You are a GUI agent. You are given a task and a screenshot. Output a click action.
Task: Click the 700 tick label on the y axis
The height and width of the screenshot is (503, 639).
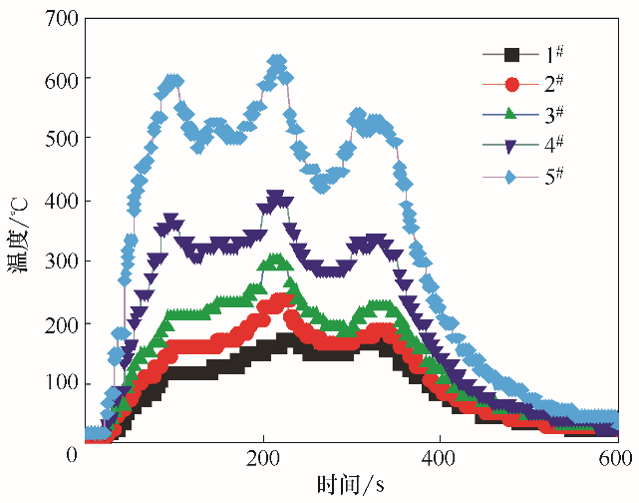pyautogui.click(x=52, y=17)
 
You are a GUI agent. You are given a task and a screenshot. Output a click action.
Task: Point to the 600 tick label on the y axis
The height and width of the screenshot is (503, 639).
pyautogui.click(x=52, y=78)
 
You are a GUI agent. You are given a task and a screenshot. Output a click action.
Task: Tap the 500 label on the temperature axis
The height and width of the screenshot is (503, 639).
pyautogui.click(x=52, y=139)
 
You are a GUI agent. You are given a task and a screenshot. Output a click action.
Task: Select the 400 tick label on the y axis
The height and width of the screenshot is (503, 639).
pyautogui.click(x=52, y=201)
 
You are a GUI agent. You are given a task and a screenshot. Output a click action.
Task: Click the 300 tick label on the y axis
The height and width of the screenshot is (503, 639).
pyautogui.click(x=52, y=261)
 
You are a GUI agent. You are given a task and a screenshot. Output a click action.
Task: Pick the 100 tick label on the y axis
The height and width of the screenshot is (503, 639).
pyautogui.click(x=52, y=384)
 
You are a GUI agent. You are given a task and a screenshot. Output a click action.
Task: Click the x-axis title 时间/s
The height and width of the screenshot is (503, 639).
pyautogui.click(x=351, y=485)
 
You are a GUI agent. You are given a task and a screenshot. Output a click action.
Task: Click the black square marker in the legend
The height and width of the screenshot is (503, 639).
pyautogui.click(x=512, y=54)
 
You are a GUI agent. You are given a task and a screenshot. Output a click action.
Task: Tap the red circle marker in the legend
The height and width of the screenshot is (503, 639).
pyautogui.click(x=512, y=85)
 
